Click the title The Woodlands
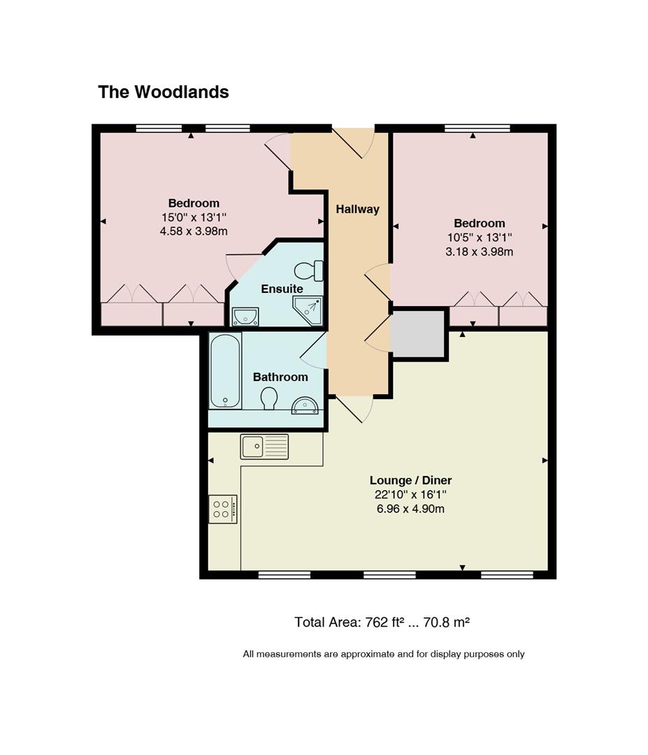[163, 92]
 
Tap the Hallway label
[357, 209]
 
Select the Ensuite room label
[282, 289]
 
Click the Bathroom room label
[280, 377]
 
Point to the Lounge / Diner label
[410, 480]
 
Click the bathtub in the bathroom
[226, 371]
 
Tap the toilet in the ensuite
[308, 271]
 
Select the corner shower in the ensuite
[308, 310]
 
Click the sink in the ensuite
[245, 317]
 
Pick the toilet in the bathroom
[268, 398]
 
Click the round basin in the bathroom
[305, 405]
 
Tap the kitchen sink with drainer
[264, 446]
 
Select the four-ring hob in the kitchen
[223, 509]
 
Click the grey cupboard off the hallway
[417, 333]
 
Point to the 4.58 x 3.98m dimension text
[194, 231]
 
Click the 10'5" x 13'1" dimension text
[480, 238]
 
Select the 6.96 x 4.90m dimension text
[410, 509]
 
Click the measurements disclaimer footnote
[384, 654]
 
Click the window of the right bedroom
[477, 128]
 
